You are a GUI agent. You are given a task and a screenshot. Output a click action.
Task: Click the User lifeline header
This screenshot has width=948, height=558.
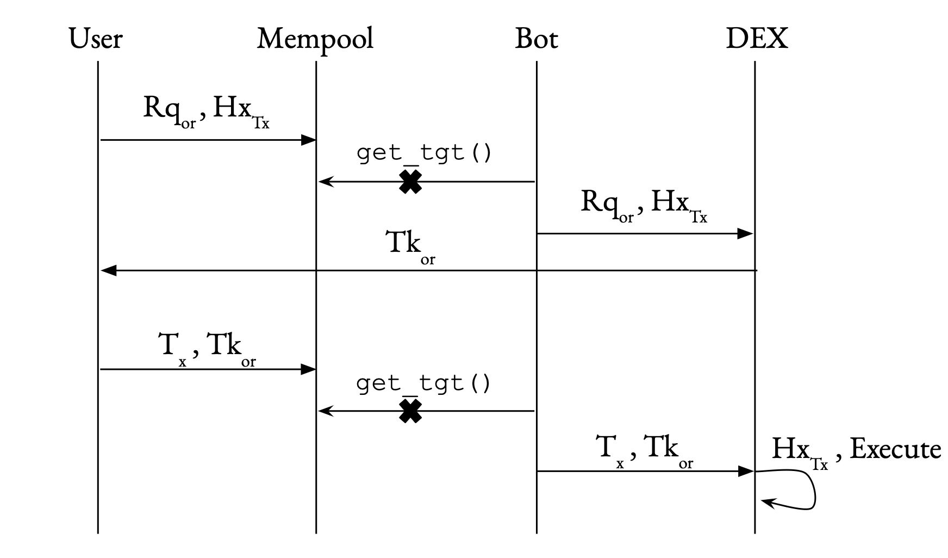96,39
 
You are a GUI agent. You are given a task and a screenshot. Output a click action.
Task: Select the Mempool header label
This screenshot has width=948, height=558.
315,39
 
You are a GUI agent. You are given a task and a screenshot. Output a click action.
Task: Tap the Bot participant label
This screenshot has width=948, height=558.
536,39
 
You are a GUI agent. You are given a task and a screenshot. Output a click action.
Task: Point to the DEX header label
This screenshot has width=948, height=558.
756,39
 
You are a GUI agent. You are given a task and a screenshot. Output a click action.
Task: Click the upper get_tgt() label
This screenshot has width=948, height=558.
424,153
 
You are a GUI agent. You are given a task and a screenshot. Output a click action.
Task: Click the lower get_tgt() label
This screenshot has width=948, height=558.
424,384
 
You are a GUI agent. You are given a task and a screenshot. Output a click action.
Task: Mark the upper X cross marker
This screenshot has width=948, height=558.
410,182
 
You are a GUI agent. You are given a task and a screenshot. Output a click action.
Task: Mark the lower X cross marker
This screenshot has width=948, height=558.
410,411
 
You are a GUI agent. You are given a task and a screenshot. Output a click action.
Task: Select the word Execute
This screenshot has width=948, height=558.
895,450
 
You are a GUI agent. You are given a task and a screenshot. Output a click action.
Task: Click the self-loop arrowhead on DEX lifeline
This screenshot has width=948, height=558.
766,502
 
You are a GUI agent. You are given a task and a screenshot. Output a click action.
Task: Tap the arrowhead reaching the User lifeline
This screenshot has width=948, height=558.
108,270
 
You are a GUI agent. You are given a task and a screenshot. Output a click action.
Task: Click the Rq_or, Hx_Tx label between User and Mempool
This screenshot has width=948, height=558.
207,110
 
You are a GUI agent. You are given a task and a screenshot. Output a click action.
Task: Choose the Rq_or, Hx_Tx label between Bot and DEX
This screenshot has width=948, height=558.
644,204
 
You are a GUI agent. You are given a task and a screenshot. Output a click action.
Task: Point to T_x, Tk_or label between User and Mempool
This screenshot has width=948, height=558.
207,347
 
